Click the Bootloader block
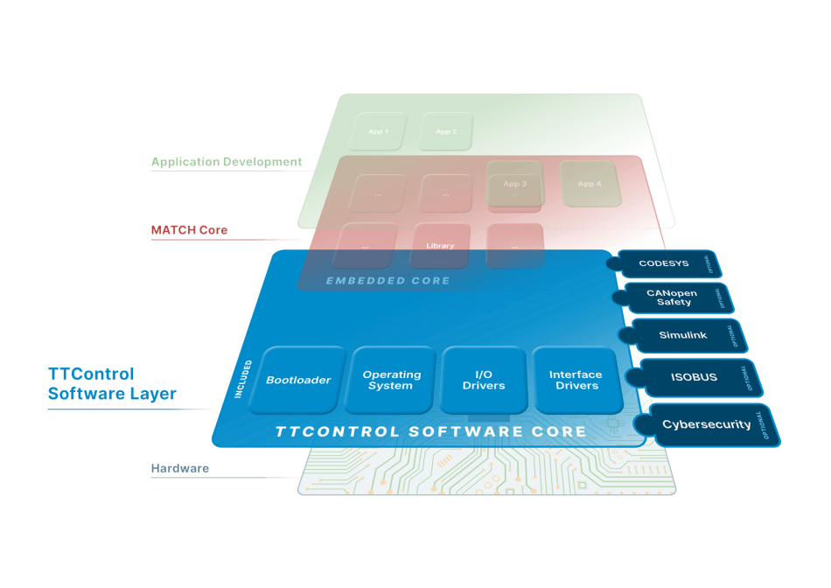point(298,380)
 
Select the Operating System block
point(392,380)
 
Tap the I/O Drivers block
point(484,380)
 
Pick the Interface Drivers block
point(576,380)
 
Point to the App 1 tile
point(378,131)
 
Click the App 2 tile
point(446,131)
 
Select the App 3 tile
point(515,185)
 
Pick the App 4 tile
point(590,184)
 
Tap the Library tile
point(440,246)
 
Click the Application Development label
point(227,162)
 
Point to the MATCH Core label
point(189,230)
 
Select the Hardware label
point(179,469)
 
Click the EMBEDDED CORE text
point(388,281)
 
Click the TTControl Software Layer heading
point(111,384)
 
